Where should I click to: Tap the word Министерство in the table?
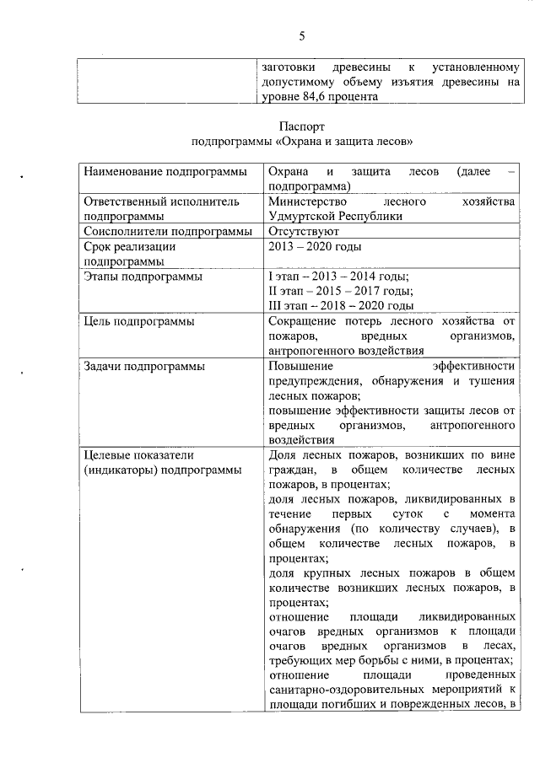306,201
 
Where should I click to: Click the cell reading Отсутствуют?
303,231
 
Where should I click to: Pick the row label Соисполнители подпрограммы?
167,231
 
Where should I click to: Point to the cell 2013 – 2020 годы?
314,246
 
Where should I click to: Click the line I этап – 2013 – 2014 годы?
337,276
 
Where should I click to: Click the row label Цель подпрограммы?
138,321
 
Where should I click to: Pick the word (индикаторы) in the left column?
121,470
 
